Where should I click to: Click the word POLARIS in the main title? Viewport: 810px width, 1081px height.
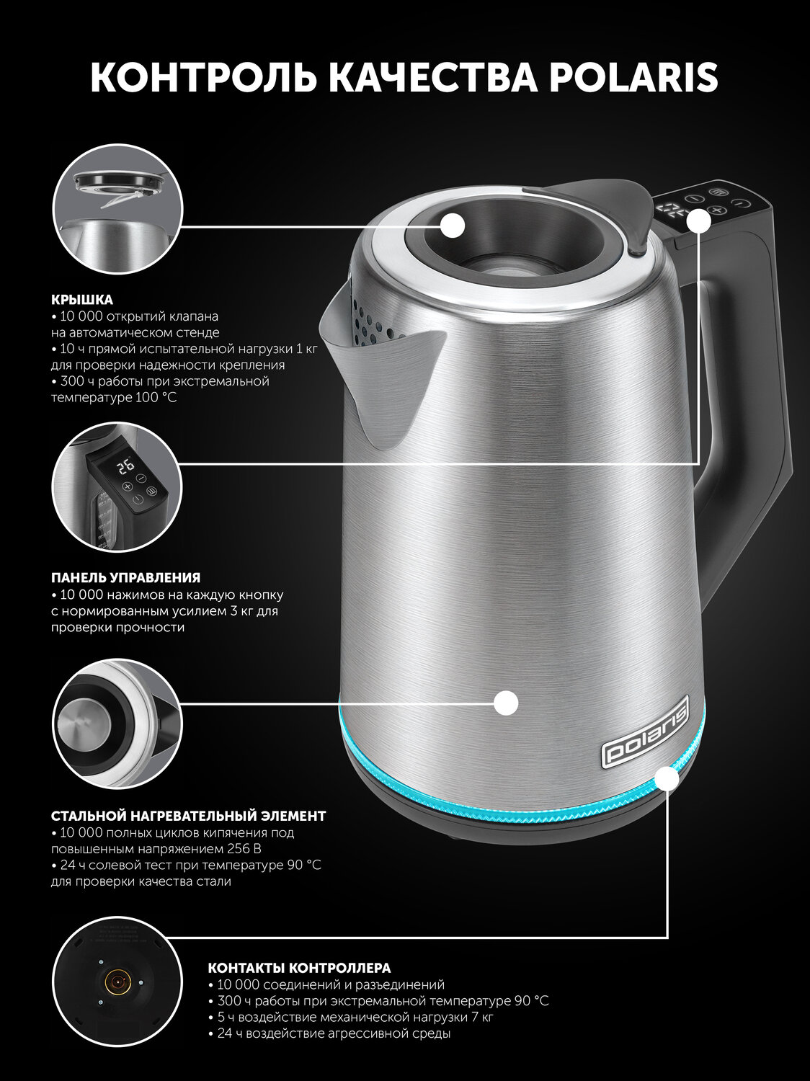(x=634, y=77)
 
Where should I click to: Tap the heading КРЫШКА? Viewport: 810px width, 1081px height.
(x=81, y=299)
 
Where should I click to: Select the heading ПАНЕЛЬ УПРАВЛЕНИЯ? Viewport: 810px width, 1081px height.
(x=125, y=577)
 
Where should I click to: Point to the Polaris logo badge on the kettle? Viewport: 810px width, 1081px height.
(x=646, y=731)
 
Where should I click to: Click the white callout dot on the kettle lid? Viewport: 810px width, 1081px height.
(x=453, y=226)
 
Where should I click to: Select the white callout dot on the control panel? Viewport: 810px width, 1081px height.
(x=699, y=220)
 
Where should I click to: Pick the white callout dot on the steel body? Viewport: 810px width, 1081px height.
(x=506, y=702)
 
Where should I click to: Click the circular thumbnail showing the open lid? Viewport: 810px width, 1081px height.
(x=117, y=210)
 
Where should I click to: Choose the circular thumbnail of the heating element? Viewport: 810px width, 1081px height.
(x=117, y=724)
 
